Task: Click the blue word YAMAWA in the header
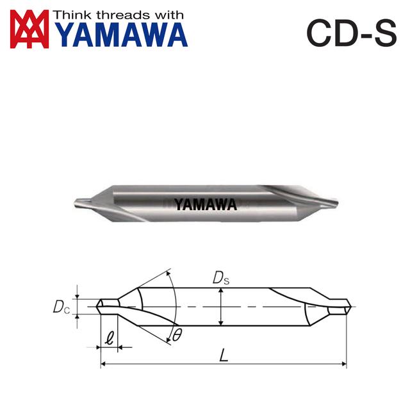pyautogui.click(x=121, y=36)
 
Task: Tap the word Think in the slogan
pyautogui.click(x=72, y=14)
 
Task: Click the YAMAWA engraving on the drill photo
pyautogui.click(x=205, y=204)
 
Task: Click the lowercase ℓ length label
pyautogui.click(x=110, y=336)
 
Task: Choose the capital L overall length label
pyautogui.click(x=223, y=355)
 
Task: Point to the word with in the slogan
pyautogui.click(x=166, y=14)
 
